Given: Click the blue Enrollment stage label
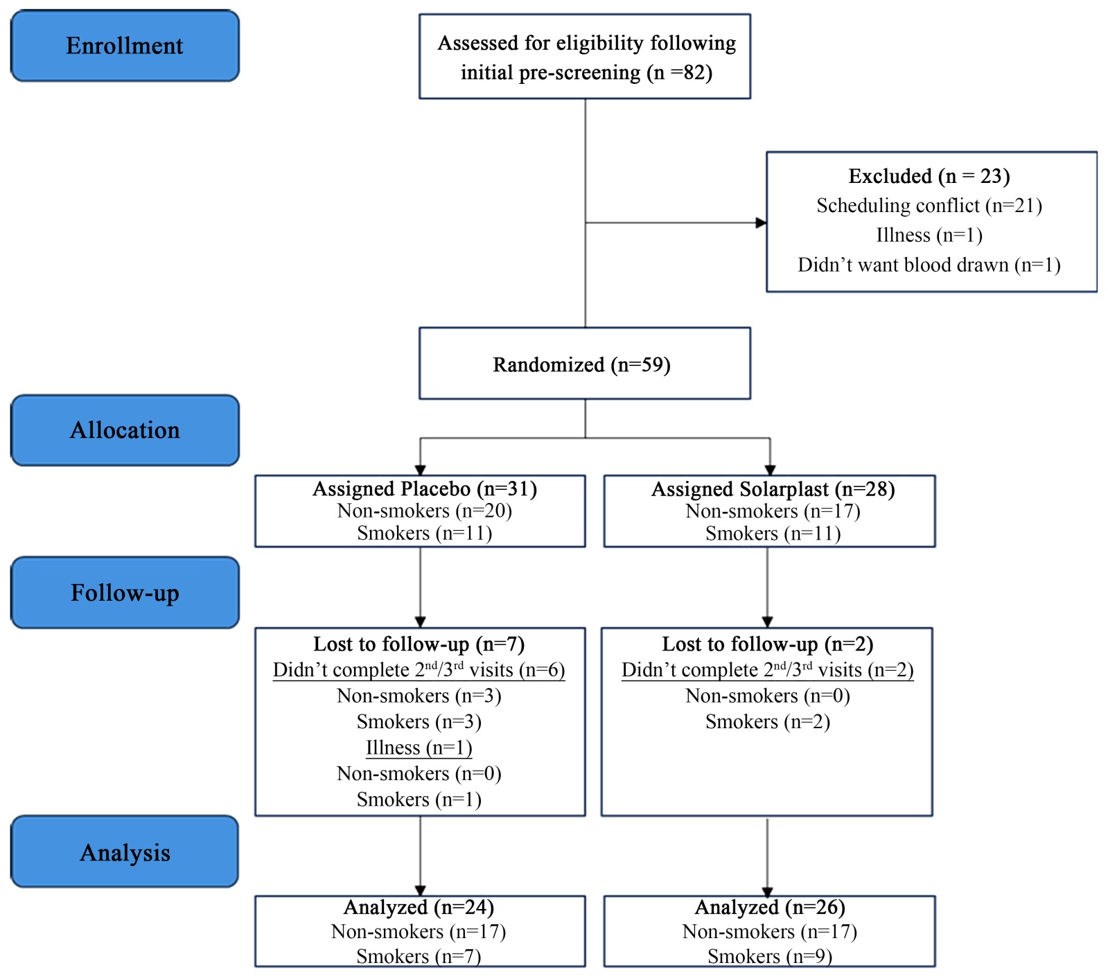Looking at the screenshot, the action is (x=125, y=46).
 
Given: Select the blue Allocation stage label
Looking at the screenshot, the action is (x=125, y=430).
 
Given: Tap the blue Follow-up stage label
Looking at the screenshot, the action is (x=125, y=593).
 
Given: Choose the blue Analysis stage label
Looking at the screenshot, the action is (x=125, y=852).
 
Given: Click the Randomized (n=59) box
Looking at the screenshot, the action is (x=585, y=364).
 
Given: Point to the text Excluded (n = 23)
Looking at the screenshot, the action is (x=929, y=176).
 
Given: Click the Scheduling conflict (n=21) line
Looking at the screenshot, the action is (x=929, y=206).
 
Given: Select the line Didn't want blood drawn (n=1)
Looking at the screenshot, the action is (x=929, y=265).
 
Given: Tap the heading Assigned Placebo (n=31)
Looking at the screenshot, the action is (x=425, y=489).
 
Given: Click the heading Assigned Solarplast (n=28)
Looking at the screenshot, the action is (x=773, y=489).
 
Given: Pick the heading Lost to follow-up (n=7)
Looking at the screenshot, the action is (x=419, y=644).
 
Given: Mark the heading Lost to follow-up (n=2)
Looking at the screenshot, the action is (x=768, y=644).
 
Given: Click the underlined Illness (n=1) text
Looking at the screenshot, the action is (x=419, y=748).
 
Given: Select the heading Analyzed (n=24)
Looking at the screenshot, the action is (x=419, y=907).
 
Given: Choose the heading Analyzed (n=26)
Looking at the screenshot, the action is (x=770, y=907).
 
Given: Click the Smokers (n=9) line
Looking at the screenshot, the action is (x=770, y=956).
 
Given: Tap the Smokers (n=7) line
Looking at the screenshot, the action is (x=419, y=956).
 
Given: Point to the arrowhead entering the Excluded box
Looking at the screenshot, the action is (x=762, y=223).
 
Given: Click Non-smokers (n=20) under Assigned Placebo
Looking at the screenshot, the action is (x=425, y=511).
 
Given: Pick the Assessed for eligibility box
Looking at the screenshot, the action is (x=585, y=57).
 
